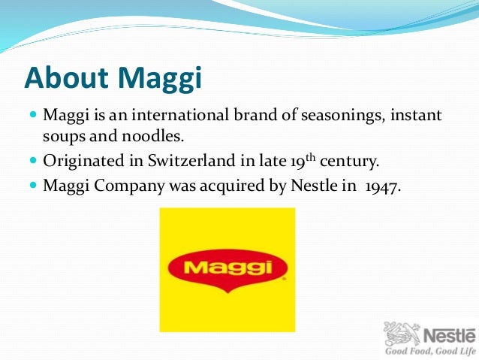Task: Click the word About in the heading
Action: coord(65,78)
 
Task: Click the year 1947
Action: coord(381,185)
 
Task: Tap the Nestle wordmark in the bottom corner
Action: coord(449,334)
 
